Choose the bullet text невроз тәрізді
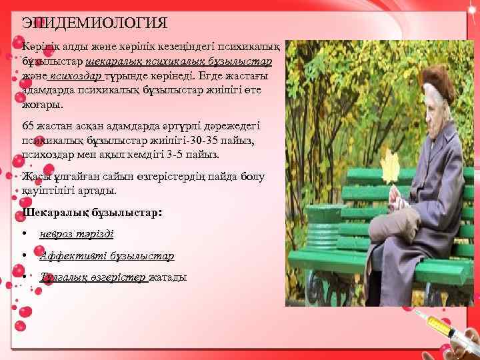pos(76,234)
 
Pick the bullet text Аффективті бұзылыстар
pos(107,256)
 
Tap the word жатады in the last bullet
pos(168,277)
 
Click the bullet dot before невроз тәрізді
pos(24,234)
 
